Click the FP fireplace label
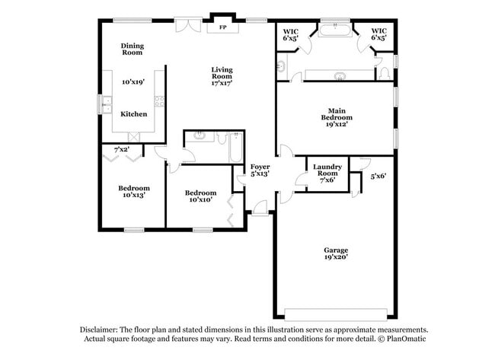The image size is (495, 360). click(223, 28)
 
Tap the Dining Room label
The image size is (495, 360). click(133, 49)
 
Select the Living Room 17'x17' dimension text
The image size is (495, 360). click(222, 82)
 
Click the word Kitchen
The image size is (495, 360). click(134, 113)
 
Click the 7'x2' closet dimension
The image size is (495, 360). click(121, 149)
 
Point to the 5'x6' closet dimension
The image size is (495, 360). click(378, 176)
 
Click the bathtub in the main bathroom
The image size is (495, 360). click(334, 31)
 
